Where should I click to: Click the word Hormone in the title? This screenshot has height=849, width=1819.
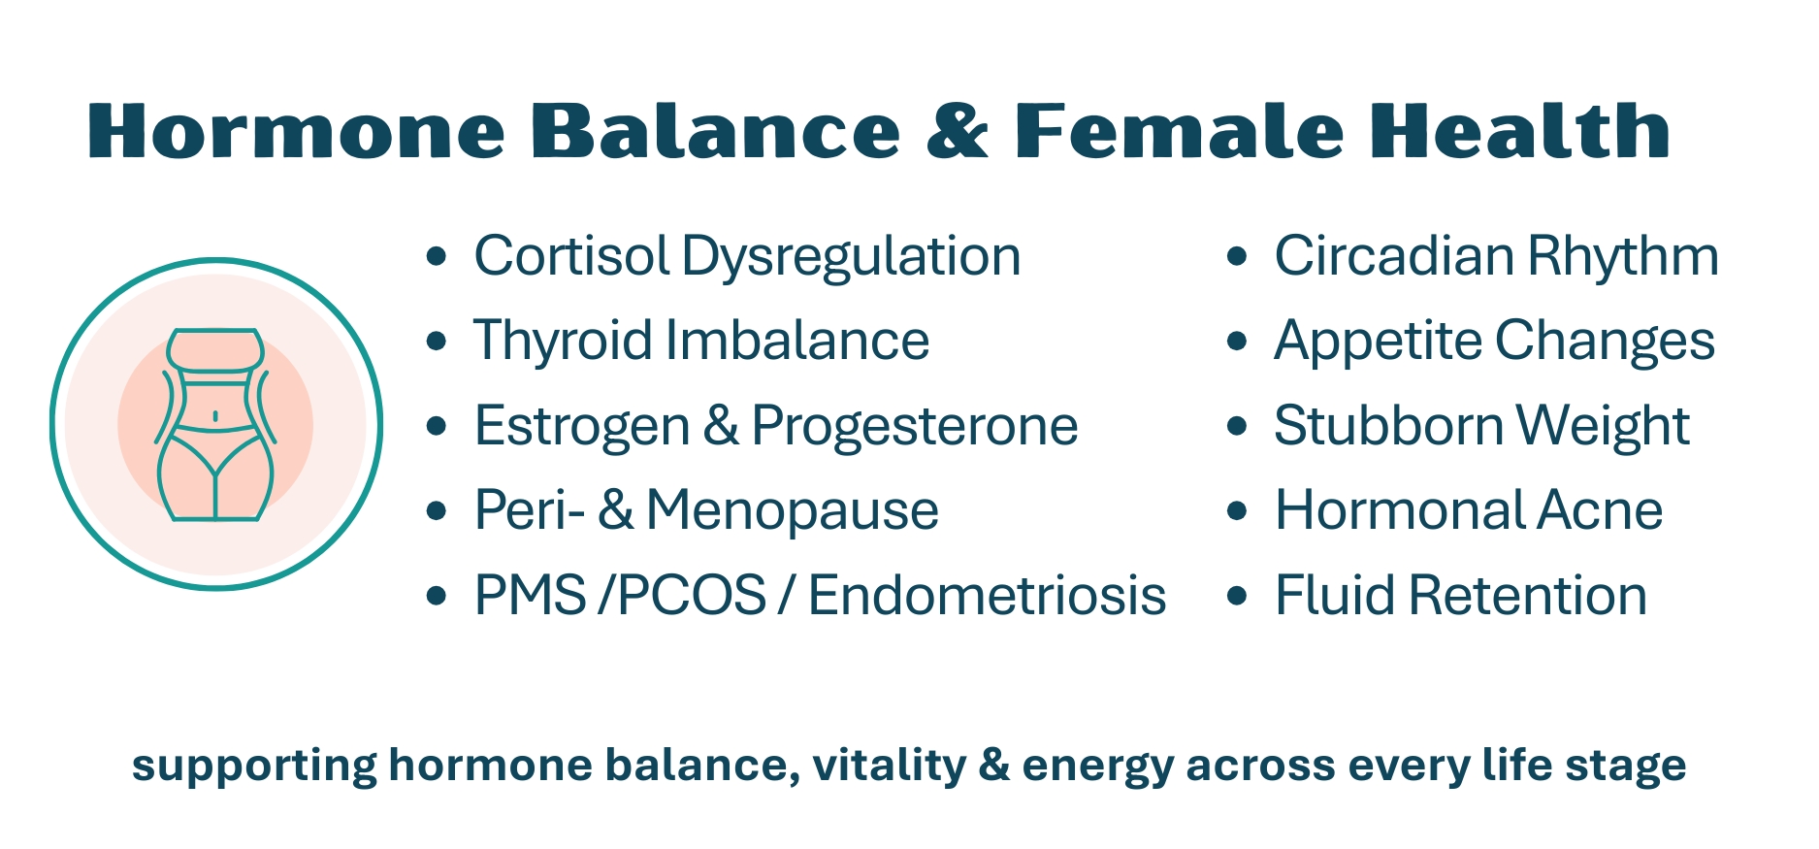pyautogui.click(x=297, y=131)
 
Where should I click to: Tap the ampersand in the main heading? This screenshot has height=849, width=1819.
pyautogui.click(x=958, y=131)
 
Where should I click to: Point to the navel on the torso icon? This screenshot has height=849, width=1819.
pyautogui.click(x=214, y=416)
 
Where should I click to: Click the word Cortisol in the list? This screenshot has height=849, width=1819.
pyautogui.click(x=571, y=256)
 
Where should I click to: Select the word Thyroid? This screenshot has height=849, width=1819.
pyautogui.click(x=563, y=342)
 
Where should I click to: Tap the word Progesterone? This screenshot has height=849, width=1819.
pyautogui.click(x=915, y=427)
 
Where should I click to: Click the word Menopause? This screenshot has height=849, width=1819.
pyautogui.click(x=793, y=511)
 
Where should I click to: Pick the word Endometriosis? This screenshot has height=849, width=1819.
pyautogui.click(x=987, y=596)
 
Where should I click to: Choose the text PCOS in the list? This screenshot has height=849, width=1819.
pyautogui.click(x=692, y=596)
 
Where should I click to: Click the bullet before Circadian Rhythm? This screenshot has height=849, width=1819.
pyautogui.click(x=1236, y=257)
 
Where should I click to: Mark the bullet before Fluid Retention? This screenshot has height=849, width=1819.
pyautogui.click(x=1236, y=596)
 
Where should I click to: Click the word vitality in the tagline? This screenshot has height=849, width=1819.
pyautogui.click(x=890, y=766)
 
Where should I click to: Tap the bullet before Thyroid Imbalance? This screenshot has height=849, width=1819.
pyautogui.click(x=437, y=342)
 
